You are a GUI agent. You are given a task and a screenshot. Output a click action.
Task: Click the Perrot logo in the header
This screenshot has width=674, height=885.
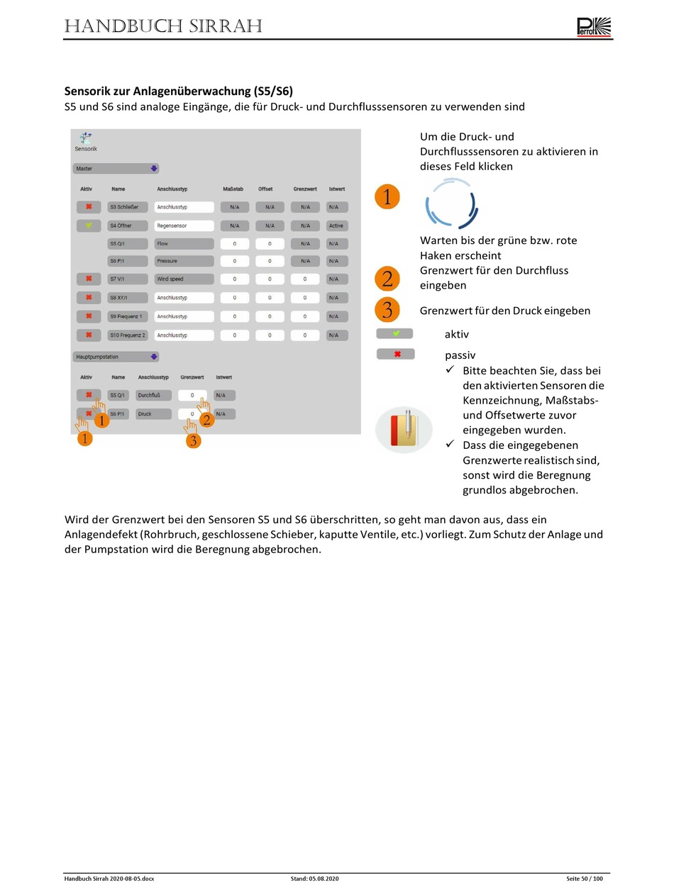(594, 27)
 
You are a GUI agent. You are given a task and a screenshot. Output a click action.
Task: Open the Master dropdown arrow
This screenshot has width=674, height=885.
(154, 169)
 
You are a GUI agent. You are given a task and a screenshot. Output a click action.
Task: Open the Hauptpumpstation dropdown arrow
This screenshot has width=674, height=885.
(154, 357)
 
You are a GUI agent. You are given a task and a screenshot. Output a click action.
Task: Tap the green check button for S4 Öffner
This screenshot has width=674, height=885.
(89, 226)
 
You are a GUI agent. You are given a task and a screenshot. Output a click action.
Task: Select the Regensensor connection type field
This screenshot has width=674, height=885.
(184, 226)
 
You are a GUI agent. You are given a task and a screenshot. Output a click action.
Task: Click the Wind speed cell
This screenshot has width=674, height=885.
(184, 279)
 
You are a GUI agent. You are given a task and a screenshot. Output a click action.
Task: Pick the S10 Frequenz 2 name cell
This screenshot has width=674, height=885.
(128, 335)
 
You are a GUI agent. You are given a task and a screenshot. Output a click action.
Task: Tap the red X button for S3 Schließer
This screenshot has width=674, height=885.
(89, 207)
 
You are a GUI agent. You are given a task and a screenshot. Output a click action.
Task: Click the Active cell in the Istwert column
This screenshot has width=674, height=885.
(336, 226)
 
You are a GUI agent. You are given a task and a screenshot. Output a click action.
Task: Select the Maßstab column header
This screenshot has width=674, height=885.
(233, 189)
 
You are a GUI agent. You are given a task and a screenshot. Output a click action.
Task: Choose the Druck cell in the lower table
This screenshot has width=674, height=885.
(153, 413)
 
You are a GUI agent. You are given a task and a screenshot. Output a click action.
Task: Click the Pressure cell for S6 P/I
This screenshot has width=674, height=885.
(184, 261)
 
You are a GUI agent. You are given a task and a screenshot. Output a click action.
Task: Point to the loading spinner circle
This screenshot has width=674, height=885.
(452, 204)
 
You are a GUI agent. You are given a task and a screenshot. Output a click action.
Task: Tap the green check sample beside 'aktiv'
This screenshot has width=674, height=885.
(395, 333)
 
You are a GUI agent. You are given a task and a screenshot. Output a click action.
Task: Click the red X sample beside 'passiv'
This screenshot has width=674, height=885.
(395, 354)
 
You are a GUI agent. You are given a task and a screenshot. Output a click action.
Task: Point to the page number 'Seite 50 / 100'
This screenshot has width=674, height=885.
(584, 879)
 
